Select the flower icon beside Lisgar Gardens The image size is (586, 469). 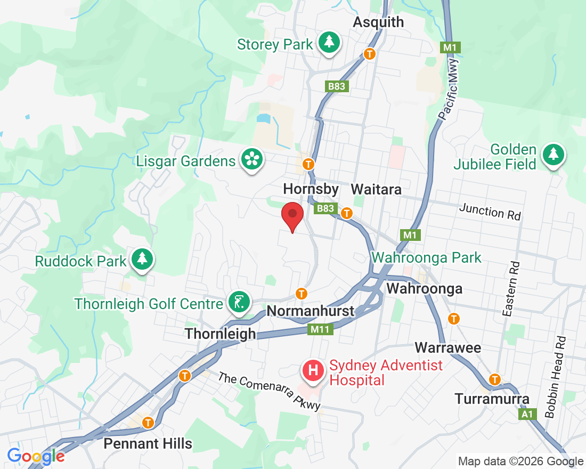click(251, 159)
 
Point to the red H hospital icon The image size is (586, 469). click(314, 370)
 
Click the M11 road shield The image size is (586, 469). click(320, 330)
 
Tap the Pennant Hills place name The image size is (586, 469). click(148, 443)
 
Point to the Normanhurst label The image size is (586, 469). click(310, 311)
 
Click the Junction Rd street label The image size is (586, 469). click(490, 212)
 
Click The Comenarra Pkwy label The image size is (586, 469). click(270, 392)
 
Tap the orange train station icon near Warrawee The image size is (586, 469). click(454, 319)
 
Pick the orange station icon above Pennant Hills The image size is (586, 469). click(148, 423)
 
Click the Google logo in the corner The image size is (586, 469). click(36, 456)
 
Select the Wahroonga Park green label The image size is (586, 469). click(426, 258)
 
